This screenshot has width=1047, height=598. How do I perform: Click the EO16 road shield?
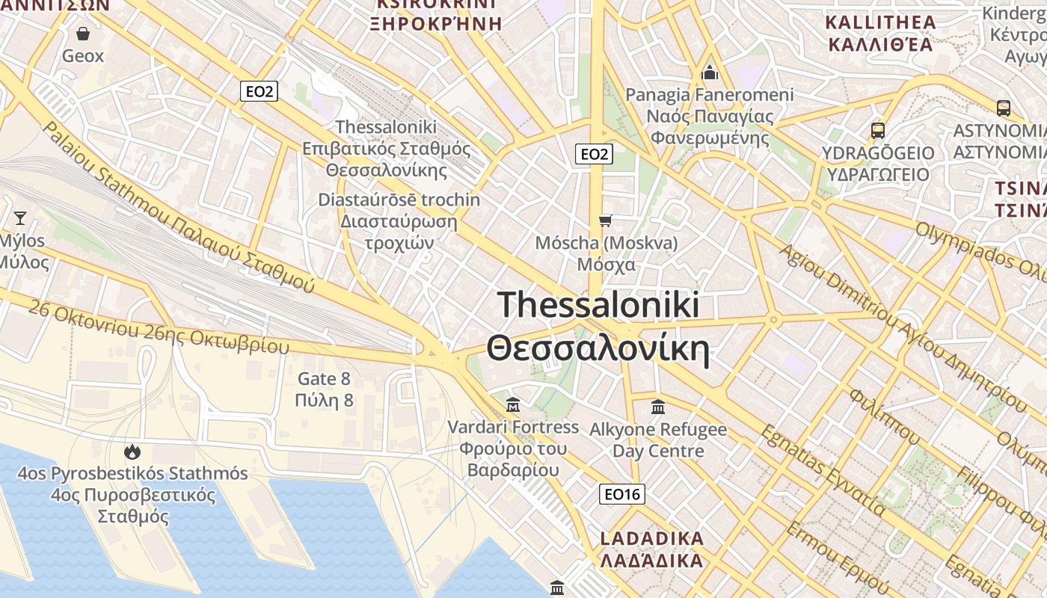(622, 494)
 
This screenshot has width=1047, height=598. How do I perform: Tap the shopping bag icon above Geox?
(83, 34)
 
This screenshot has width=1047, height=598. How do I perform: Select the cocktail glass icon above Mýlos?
(20, 218)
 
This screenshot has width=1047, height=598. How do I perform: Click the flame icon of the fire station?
(132, 451)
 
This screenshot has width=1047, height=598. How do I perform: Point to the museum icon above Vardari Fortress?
(513, 405)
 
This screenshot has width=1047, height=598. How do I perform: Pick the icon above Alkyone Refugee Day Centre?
(658, 407)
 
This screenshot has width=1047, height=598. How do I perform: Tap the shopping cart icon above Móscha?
(606, 221)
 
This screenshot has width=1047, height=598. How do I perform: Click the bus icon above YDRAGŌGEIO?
(878, 131)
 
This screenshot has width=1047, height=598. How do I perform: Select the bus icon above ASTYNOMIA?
(1004, 108)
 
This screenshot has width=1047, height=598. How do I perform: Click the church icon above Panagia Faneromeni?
(710, 73)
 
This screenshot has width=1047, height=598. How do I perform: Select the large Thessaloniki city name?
(598, 327)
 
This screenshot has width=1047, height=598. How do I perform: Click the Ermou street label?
(829, 558)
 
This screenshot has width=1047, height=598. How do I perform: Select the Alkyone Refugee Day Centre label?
(658, 440)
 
